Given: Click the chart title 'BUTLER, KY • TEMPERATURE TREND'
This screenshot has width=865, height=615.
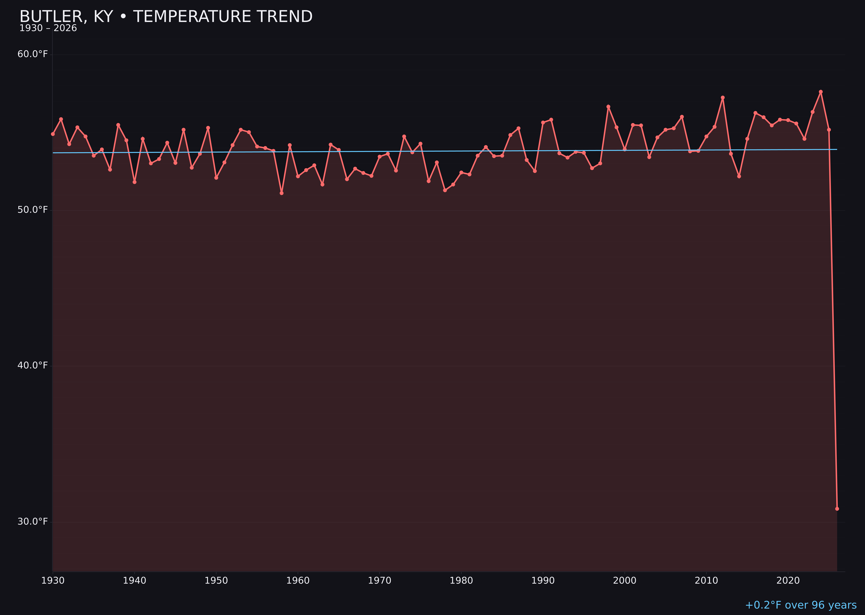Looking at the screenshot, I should click(166, 17).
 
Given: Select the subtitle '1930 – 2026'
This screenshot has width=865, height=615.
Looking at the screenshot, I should click(48, 28).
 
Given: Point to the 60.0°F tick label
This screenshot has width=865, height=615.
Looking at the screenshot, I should click(33, 54).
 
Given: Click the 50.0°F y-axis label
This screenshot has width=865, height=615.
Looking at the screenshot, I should click(33, 210).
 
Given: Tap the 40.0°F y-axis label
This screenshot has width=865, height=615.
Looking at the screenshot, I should click(33, 365).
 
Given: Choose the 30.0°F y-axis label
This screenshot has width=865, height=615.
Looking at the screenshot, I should click(33, 521).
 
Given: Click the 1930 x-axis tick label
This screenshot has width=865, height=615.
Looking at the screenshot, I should click(53, 581).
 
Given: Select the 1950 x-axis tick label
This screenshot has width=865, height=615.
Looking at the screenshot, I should click(216, 581).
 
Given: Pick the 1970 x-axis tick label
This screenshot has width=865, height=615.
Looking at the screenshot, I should click(380, 581).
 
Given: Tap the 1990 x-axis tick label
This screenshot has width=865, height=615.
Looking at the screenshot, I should click(543, 581).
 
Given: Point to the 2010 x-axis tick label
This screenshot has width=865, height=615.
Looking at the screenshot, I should click(706, 581).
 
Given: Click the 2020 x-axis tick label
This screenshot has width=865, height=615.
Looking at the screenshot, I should click(788, 581).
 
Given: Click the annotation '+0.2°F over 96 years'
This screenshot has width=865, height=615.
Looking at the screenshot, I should click(801, 605).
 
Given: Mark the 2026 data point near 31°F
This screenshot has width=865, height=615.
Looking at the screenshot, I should click(837, 509).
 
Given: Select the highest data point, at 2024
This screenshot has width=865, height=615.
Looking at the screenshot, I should click(821, 92).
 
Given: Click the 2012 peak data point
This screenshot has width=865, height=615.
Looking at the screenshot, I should click(723, 97).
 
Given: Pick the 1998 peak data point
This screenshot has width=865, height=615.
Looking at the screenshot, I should click(608, 107).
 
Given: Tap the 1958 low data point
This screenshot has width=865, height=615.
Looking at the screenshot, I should click(281, 193).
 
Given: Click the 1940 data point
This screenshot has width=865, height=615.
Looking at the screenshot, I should click(135, 182).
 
